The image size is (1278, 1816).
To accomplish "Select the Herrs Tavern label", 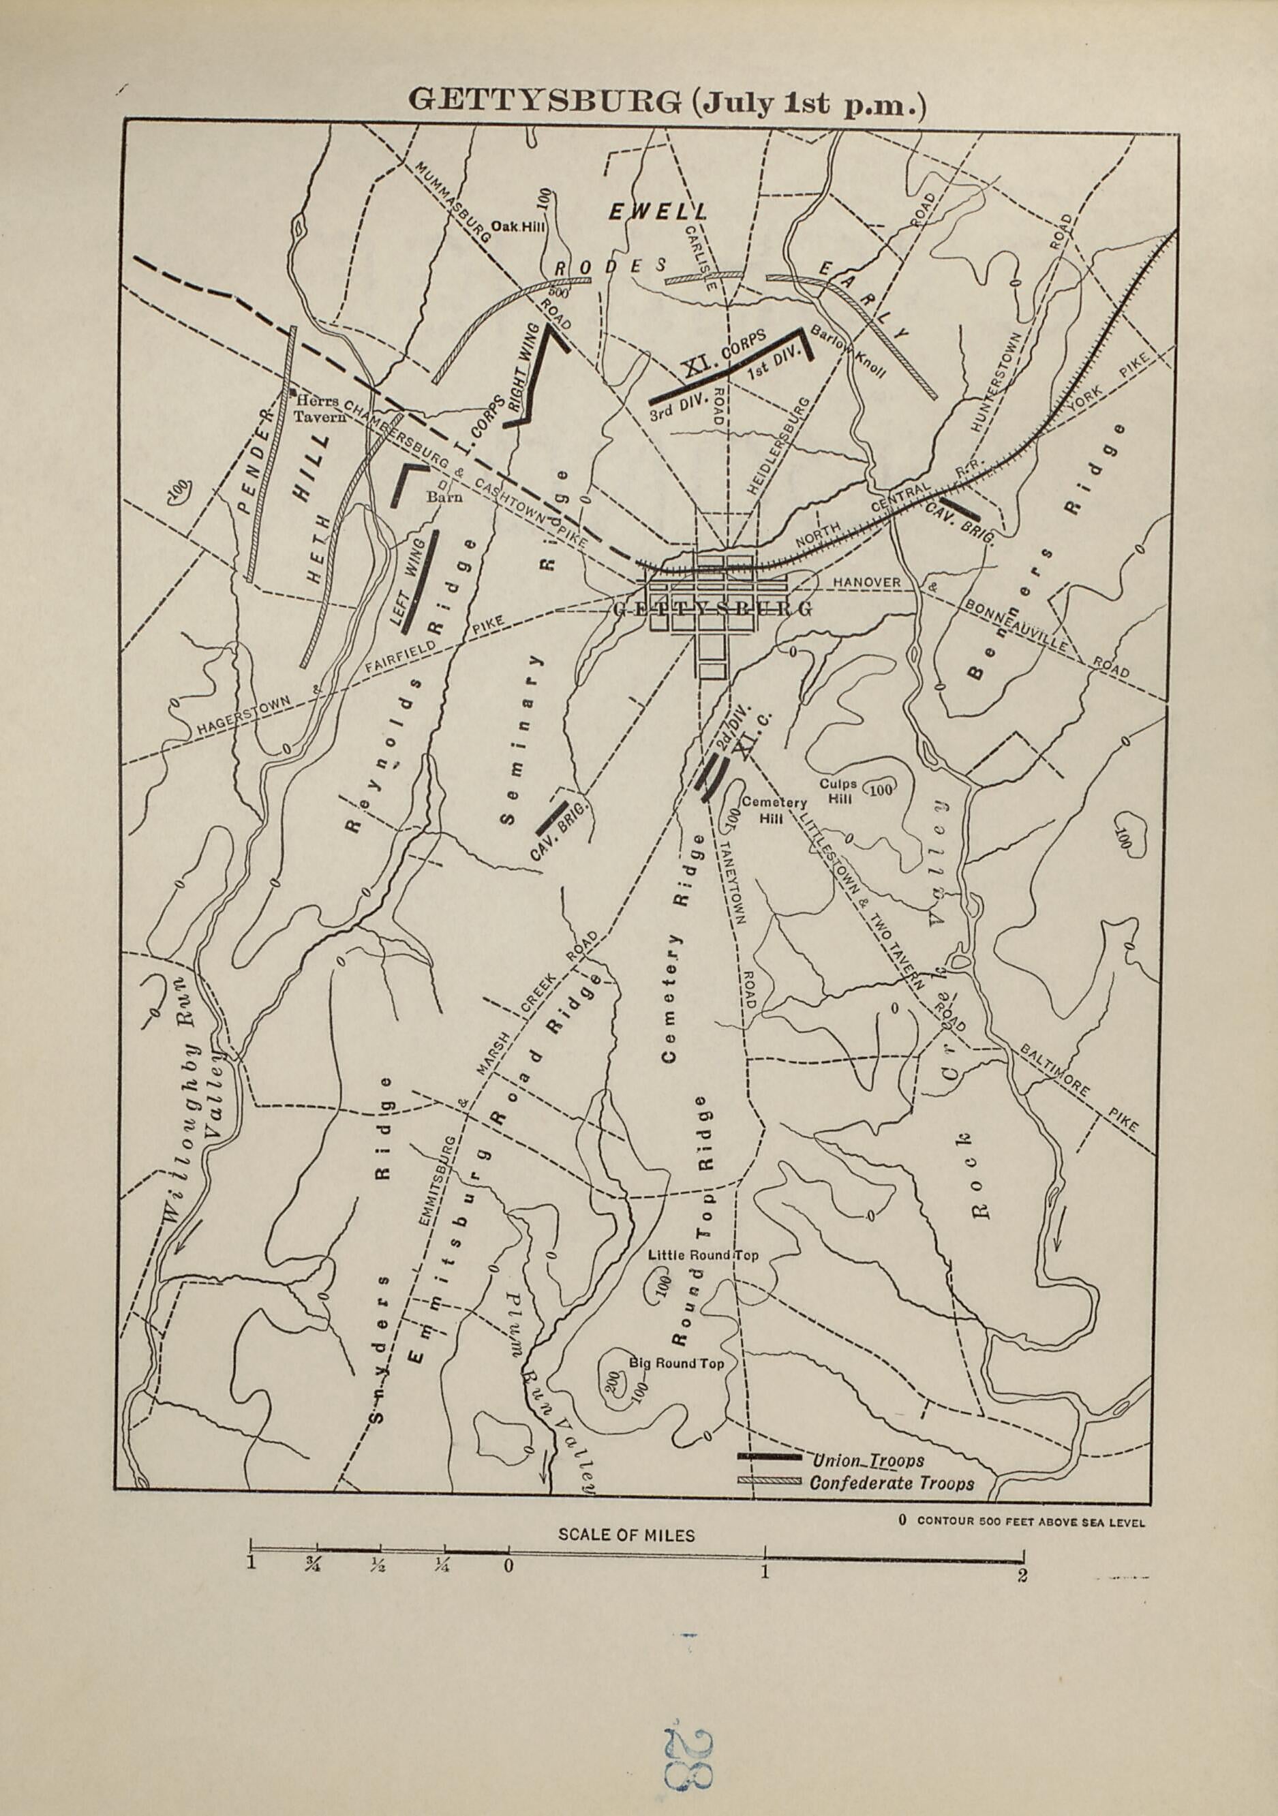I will click(320, 409).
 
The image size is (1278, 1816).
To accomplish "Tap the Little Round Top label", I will click(703, 1255).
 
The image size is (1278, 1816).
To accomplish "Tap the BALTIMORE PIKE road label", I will click(1080, 1088).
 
